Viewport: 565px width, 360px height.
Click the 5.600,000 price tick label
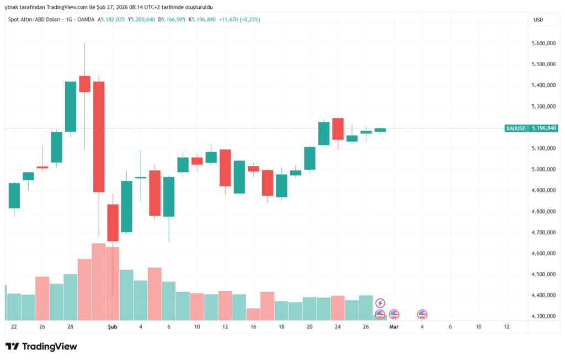click(x=543, y=44)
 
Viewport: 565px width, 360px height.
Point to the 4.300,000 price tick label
click(x=543, y=316)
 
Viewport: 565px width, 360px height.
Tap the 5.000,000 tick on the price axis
click(x=543, y=169)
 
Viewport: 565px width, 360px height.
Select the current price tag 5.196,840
click(x=543, y=128)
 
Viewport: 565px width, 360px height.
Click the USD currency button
click(x=538, y=20)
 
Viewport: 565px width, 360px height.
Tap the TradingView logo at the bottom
click(x=41, y=346)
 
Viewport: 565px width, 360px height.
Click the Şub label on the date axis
click(x=112, y=327)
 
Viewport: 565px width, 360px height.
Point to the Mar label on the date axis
click(x=394, y=327)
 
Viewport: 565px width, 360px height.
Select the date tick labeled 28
click(x=71, y=327)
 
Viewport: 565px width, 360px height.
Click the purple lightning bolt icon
click(x=380, y=303)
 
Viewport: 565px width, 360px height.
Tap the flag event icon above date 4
click(x=422, y=314)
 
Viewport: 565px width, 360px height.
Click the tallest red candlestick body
click(x=99, y=136)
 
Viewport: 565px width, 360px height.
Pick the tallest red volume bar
click(x=99, y=281)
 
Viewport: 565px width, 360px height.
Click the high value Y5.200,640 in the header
click(x=142, y=20)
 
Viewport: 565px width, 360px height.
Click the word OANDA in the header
click(x=86, y=20)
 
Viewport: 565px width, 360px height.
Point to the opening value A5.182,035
click(x=112, y=20)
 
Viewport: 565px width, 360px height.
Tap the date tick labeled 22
click(x=14, y=327)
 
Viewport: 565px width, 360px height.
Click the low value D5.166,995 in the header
click(x=172, y=20)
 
